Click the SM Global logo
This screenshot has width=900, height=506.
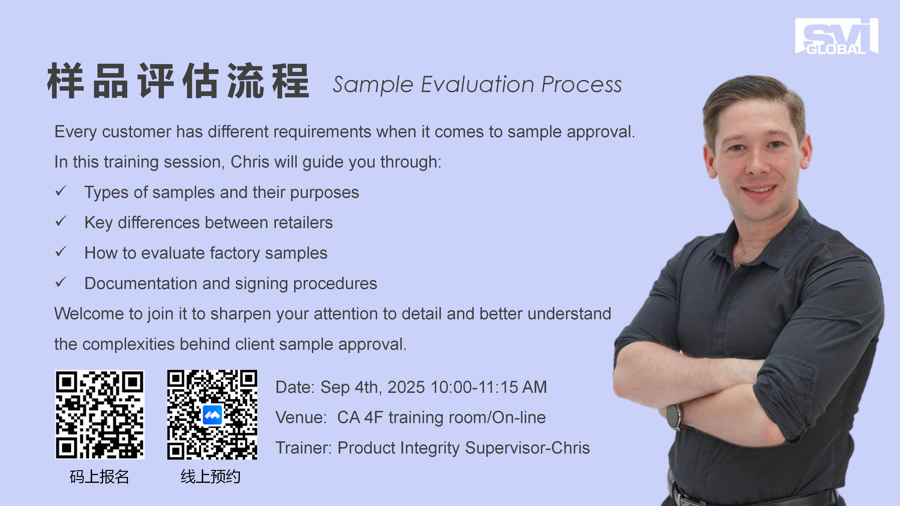point(836,36)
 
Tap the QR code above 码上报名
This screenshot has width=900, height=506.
point(100,414)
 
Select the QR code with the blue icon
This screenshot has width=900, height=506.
point(212,414)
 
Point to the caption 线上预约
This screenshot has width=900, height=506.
point(210,477)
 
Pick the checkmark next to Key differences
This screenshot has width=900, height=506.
point(61,221)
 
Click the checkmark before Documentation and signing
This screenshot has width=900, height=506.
point(61,282)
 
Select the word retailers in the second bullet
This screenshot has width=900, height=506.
point(303,223)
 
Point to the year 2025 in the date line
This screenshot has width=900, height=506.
point(406,387)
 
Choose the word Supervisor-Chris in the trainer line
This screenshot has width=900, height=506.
point(528,448)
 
